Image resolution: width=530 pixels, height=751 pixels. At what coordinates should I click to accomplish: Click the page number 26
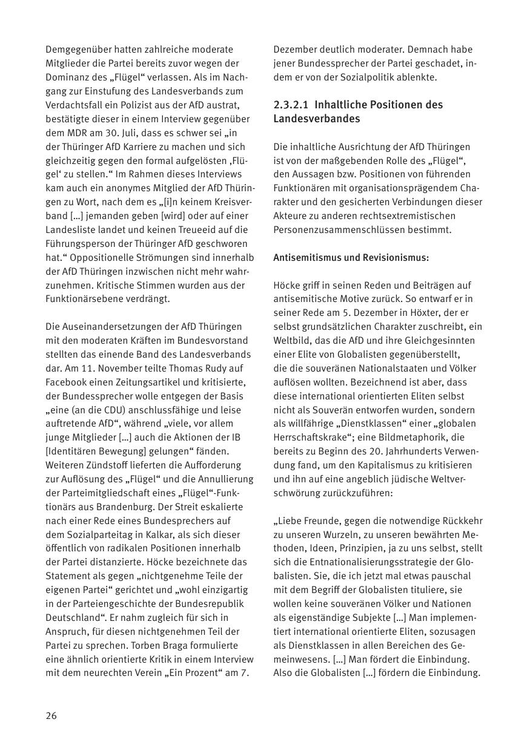pos(51,715)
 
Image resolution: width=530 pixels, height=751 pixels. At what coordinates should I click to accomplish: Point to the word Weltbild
pos(292,341)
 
